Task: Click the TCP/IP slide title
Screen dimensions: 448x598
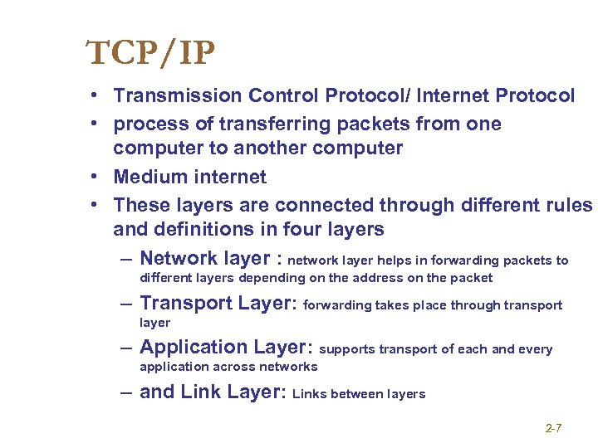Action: [150, 54]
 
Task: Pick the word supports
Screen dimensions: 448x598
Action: [347, 349]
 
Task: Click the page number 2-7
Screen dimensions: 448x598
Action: [553, 428]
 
